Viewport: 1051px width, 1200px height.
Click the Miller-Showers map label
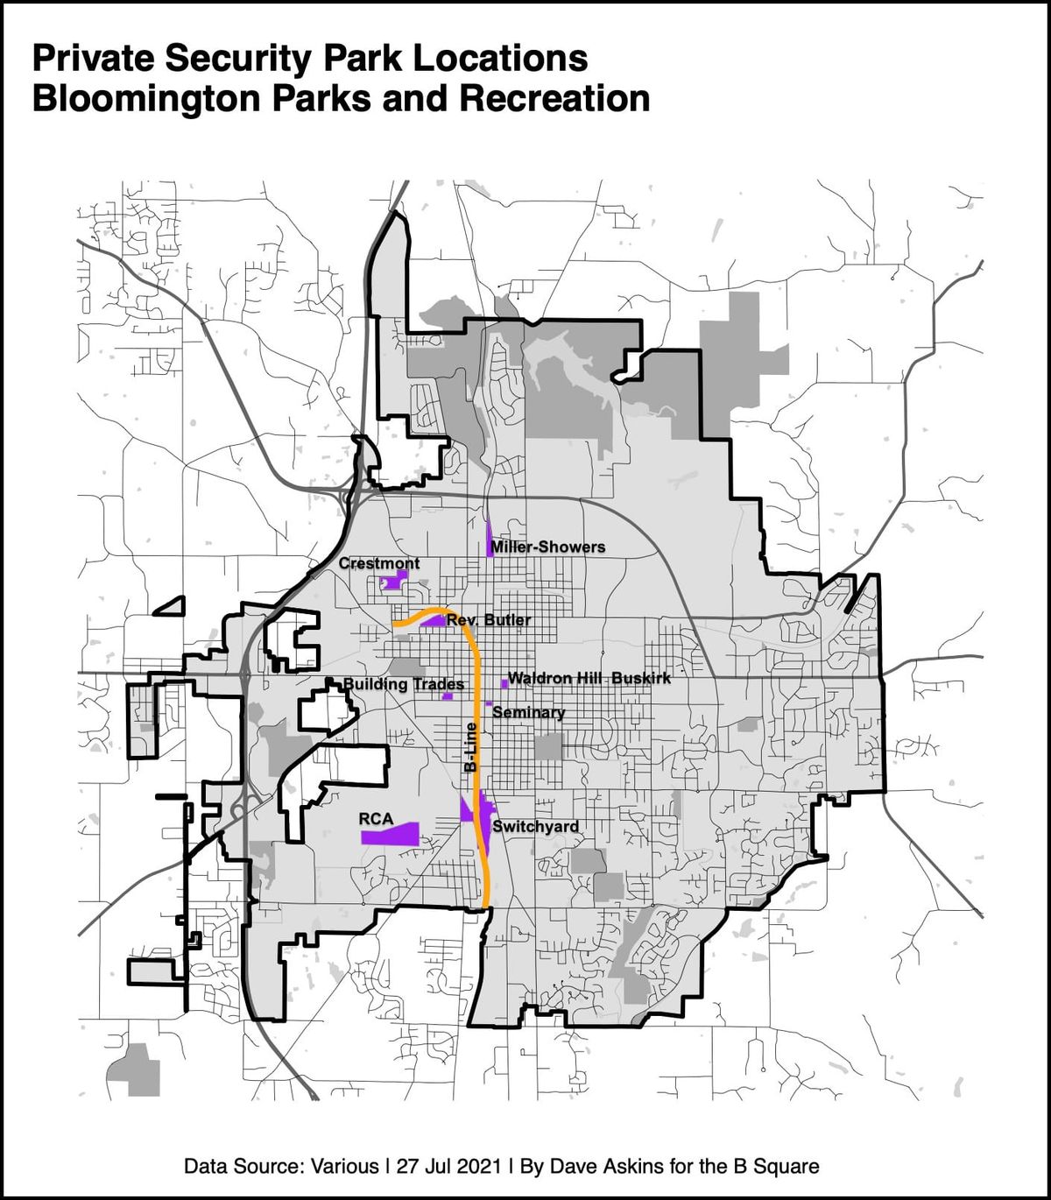(547, 547)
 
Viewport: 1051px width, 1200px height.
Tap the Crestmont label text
(379, 563)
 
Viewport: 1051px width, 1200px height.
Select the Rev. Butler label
(489, 620)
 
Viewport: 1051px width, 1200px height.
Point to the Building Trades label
(403, 683)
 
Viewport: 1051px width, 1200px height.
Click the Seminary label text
(528, 712)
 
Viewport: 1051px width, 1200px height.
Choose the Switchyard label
(535, 827)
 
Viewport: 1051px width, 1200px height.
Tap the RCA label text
(376, 818)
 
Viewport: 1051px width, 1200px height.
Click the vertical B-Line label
(471, 746)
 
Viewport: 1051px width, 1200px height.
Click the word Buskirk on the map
(641, 678)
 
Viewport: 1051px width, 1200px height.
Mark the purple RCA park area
(391, 834)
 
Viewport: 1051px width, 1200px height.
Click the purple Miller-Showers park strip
(490, 540)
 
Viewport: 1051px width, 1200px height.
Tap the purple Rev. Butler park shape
(434, 620)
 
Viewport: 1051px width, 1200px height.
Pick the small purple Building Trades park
(448, 696)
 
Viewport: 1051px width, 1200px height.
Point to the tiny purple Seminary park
(488, 703)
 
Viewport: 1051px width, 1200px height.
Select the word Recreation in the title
(554, 98)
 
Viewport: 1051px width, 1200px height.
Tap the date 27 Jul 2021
(448, 1167)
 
